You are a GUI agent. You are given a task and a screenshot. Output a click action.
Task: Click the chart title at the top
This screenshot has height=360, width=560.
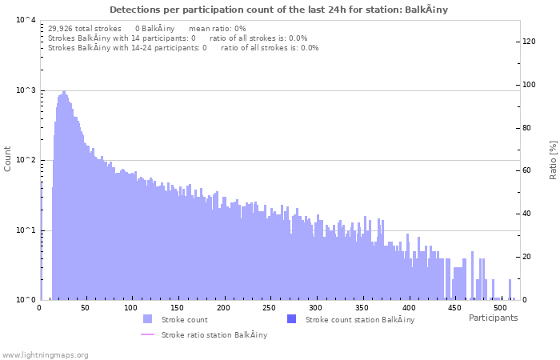(x=278, y=10)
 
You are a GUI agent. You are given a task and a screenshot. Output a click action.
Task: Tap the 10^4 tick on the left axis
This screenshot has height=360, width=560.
(x=25, y=21)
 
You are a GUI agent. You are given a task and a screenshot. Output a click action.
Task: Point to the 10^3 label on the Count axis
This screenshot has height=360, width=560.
(x=25, y=90)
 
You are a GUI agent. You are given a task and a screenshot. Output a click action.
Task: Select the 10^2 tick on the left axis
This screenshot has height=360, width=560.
(x=25, y=160)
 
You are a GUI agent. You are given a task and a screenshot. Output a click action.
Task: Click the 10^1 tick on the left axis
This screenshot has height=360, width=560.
(x=25, y=230)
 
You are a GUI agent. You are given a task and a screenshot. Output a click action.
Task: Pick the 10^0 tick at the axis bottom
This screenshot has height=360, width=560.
(x=25, y=300)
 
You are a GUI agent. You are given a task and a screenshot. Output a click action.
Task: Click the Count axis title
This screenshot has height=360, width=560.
(x=8, y=158)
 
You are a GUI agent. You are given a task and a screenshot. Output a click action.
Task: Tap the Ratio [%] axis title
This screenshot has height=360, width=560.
(x=553, y=159)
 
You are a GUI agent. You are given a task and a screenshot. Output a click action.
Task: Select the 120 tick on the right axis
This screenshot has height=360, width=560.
(x=530, y=42)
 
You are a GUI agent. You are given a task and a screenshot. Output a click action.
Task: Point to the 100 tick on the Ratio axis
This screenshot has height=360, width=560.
(x=530, y=85)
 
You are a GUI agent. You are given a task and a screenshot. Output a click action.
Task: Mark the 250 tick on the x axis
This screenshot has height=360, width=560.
(x=270, y=308)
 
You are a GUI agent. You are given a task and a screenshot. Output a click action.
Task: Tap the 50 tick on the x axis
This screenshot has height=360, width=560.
(x=86, y=308)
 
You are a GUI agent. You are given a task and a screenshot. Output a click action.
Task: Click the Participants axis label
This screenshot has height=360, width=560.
(x=493, y=318)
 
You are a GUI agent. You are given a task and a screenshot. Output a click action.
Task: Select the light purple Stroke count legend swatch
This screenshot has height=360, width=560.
(x=147, y=319)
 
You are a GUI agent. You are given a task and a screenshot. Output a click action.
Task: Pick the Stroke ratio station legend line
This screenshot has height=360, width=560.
(x=147, y=334)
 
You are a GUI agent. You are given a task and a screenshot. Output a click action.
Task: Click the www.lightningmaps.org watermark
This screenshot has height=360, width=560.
(x=45, y=354)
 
